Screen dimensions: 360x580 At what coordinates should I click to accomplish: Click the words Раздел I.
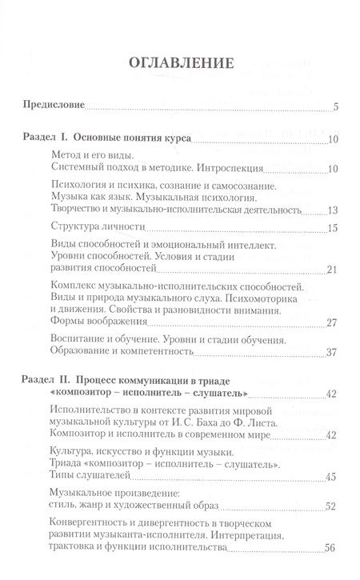pos(47,140)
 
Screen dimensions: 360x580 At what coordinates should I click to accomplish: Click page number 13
pos(334,211)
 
